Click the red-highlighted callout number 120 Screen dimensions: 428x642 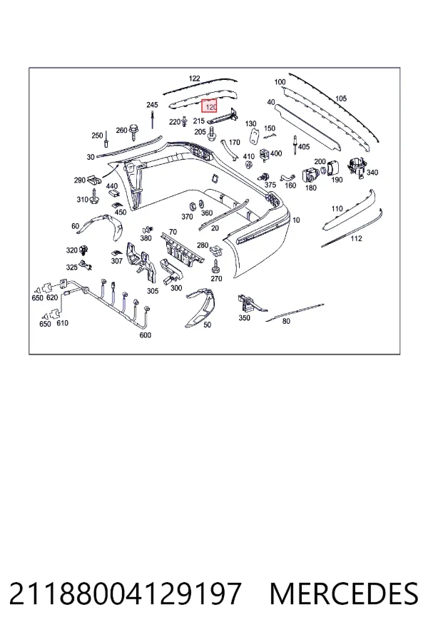(x=210, y=107)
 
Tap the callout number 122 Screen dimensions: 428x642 (x=194, y=78)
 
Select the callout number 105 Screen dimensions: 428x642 (x=341, y=98)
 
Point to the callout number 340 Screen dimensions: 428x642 (x=372, y=173)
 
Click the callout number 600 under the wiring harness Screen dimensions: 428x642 (x=146, y=335)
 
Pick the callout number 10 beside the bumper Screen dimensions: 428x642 (x=296, y=220)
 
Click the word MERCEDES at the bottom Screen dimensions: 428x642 (x=344, y=594)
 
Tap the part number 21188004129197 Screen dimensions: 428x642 (x=126, y=594)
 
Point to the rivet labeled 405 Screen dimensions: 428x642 (x=295, y=146)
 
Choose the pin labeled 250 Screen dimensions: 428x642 (x=106, y=138)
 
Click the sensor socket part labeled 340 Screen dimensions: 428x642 (x=357, y=168)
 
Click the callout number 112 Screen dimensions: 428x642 (x=356, y=238)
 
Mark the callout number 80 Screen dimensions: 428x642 (x=286, y=322)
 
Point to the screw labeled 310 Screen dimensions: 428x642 (x=95, y=197)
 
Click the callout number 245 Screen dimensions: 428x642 (x=152, y=106)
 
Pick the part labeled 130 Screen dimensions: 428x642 (x=255, y=136)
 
